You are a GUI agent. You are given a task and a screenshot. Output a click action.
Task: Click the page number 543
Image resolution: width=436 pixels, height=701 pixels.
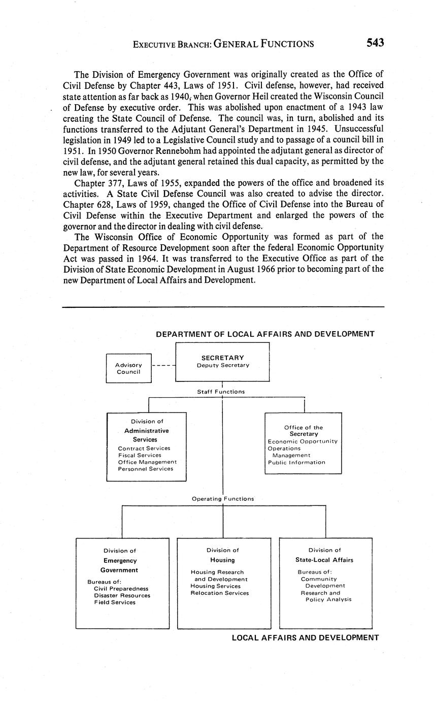[375, 43]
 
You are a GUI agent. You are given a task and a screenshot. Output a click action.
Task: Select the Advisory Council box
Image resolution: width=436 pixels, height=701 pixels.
[128, 368]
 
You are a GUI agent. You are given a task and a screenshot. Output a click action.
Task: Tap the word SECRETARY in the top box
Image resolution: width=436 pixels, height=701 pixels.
[222, 358]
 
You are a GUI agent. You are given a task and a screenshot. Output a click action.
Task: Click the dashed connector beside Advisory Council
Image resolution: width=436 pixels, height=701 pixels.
[163, 365]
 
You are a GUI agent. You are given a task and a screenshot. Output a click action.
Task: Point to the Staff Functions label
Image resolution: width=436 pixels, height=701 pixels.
[221, 392]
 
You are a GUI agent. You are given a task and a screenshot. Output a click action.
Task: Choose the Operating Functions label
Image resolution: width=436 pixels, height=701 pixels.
[223, 499]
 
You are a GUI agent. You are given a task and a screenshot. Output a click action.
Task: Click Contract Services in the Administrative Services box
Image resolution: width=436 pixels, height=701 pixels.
[144, 449]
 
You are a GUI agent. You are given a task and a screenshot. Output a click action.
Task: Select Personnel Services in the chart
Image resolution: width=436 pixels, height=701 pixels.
[146, 469]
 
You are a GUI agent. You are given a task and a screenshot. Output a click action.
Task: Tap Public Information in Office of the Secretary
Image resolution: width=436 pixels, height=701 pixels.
[296, 462]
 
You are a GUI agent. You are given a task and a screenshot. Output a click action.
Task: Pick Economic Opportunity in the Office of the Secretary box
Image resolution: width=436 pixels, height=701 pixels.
[303, 441]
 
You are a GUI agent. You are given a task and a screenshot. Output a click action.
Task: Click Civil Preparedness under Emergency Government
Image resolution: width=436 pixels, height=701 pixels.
[121, 589]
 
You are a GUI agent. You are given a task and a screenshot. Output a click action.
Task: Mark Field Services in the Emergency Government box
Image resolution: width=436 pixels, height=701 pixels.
[115, 602]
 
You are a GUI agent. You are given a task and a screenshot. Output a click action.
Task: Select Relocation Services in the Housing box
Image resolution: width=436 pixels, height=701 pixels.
[220, 593]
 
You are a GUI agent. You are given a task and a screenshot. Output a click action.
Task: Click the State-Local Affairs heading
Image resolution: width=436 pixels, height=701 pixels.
[324, 560]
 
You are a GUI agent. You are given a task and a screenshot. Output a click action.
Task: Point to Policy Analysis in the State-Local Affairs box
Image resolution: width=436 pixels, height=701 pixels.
[328, 599]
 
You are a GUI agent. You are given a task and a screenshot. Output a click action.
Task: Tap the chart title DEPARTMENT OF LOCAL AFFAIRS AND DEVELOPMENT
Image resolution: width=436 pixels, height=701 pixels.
[265, 334]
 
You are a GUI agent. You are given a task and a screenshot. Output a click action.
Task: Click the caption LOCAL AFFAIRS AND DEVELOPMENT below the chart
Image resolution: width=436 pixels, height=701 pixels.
[305, 638]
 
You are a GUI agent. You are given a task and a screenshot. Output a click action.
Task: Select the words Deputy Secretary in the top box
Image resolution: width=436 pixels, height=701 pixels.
[223, 365]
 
